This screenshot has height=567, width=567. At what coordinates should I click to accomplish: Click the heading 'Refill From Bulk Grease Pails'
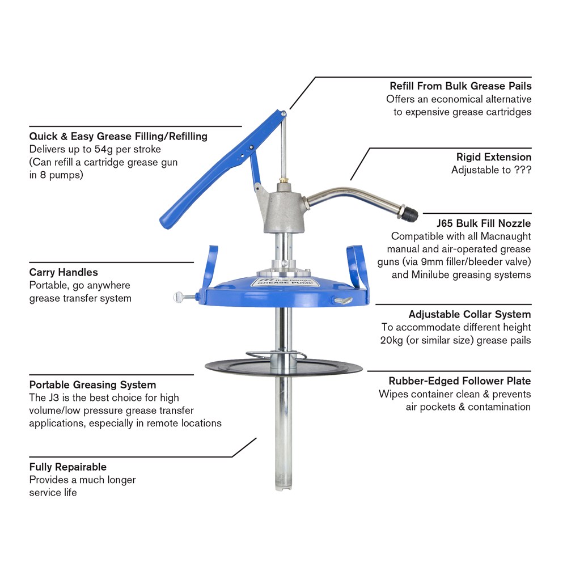click(460, 86)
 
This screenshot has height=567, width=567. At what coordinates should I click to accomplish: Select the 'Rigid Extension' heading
click(494, 157)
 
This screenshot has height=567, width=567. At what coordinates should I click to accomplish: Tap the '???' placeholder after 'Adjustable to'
click(522, 170)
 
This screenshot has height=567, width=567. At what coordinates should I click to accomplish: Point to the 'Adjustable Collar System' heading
click(469, 314)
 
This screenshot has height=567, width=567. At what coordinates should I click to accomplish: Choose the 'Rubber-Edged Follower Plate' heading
click(460, 381)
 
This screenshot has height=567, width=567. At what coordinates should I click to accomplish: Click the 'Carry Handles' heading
click(64, 273)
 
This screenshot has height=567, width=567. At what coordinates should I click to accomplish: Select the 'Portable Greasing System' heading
click(92, 385)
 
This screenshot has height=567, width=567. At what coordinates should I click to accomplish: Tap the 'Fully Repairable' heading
click(68, 467)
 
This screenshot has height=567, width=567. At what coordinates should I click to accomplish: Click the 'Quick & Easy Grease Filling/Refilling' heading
click(118, 137)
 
